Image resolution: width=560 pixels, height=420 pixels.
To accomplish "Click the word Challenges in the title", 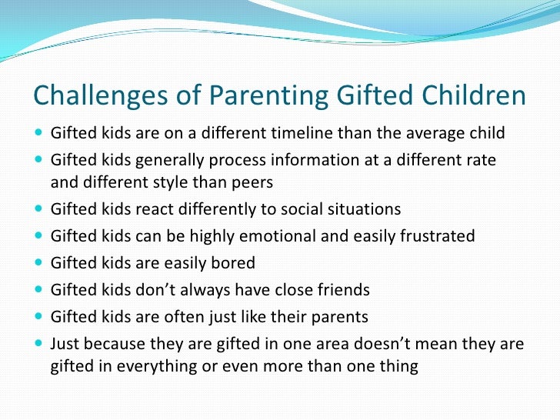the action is pos(100,95).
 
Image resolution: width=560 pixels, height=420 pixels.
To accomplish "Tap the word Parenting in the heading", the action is pos(268,95).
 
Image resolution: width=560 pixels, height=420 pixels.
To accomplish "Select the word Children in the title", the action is pos(473,95).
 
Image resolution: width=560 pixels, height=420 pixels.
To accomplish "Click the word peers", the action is pos(252,183).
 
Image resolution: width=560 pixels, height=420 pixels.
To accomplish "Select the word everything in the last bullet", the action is pos(157,367).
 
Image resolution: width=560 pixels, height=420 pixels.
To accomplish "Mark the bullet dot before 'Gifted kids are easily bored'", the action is pos(38,262).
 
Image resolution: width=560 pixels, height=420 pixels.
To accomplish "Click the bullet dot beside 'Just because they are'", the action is pos(38,343).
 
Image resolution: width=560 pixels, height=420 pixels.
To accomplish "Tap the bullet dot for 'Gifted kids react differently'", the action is pos(38,208).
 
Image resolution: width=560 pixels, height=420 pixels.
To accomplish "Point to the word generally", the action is pos(170,161).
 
